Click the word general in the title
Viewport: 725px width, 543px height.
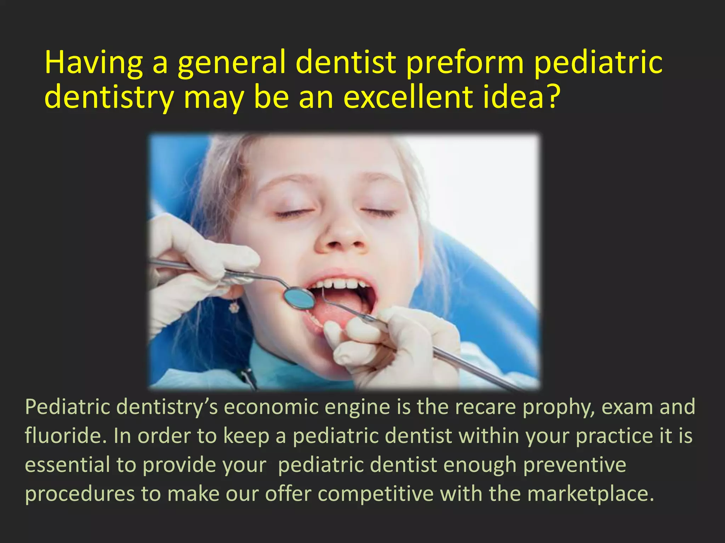pos(232,63)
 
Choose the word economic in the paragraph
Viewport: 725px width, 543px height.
pos(271,407)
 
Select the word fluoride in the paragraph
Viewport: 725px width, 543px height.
pos(65,436)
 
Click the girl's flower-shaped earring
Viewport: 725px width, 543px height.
pos(233,307)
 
